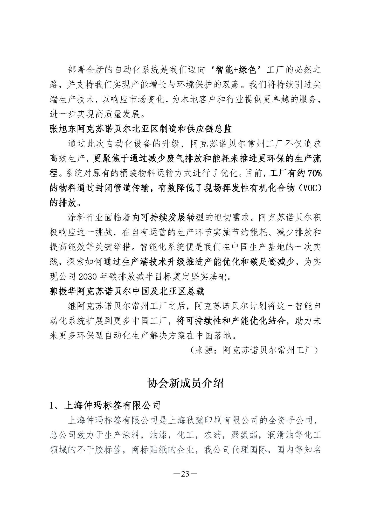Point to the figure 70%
(314, 173)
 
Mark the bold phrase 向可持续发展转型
(168, 218)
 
